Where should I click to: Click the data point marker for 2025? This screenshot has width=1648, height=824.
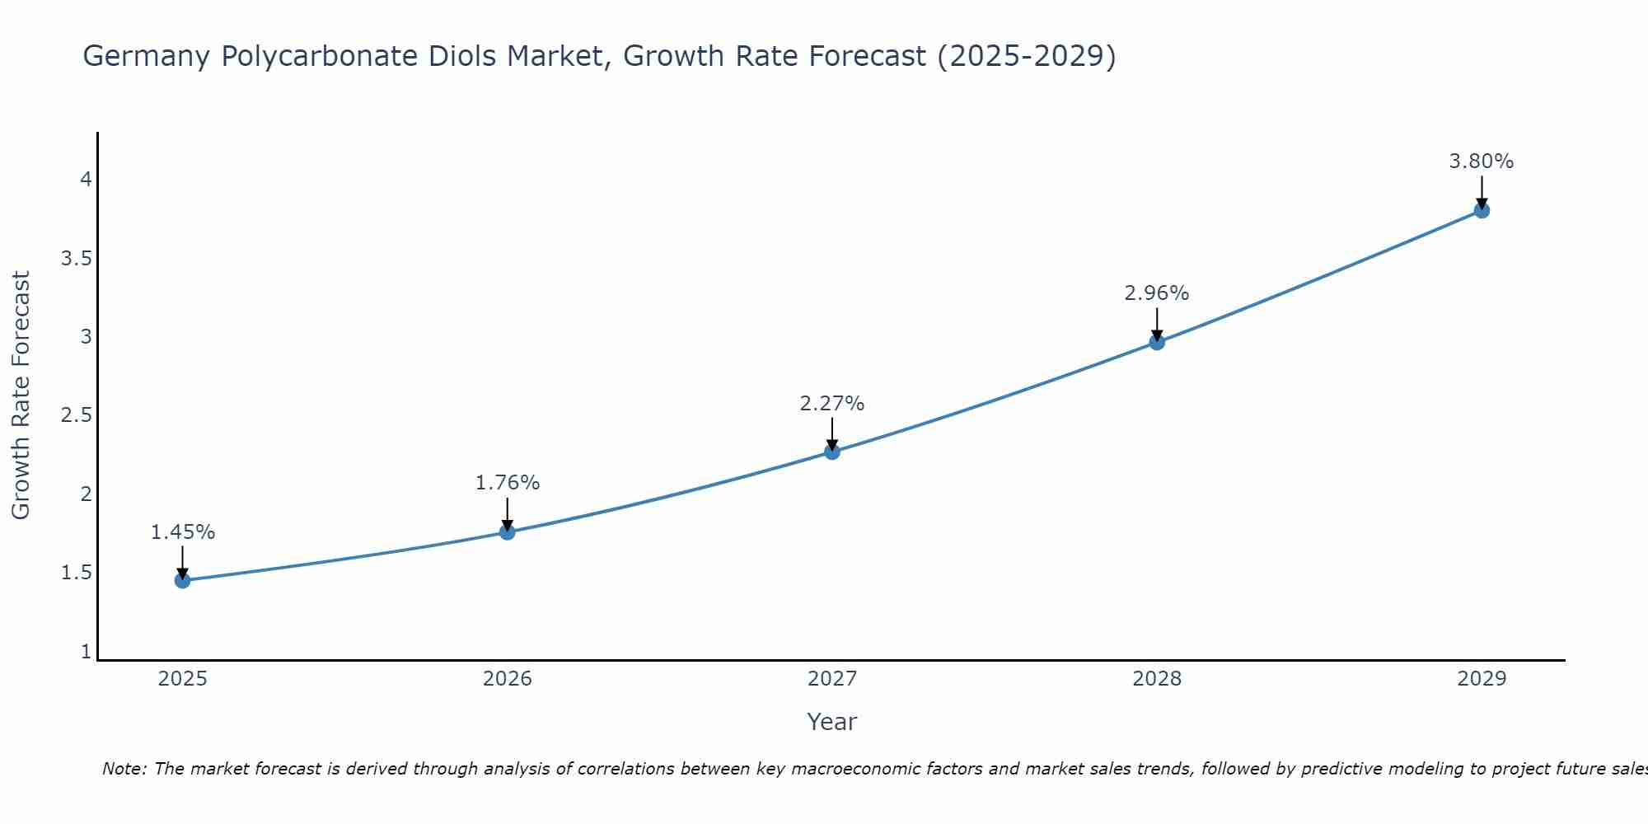[x=182, y=581]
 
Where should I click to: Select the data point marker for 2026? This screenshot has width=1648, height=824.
[x=507, y=532]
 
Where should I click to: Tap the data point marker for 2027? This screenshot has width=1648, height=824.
[x=831, y=452]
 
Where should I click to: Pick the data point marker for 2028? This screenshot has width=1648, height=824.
[x=1156, y=342]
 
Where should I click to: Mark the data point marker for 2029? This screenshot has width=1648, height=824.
[x=1481, y=210]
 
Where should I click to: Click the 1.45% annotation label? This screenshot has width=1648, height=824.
[x=182, y=532]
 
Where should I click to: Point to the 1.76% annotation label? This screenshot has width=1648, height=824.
[x=507, y=483]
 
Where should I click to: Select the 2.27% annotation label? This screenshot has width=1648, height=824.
[x=831, y=404]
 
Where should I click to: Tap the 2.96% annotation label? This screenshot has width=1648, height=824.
[x=1156, y=293]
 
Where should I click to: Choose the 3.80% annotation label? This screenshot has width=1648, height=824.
[x=1481, y=162]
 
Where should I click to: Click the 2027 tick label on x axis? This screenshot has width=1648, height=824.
[x=831, y=679]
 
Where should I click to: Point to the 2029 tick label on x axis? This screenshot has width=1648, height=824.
[x=1481, y=679]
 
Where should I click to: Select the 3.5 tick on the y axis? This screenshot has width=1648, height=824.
[x=76, y=259]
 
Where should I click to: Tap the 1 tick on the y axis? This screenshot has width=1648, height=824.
[x=86, y=652]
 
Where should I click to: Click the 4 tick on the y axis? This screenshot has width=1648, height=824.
[x=86, y=180]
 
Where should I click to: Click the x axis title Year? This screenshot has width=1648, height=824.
[x=831, y=722]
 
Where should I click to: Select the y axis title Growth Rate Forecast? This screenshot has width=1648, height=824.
[x=21, y=396]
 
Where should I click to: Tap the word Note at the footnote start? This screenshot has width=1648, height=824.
[x=123, y=769]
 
